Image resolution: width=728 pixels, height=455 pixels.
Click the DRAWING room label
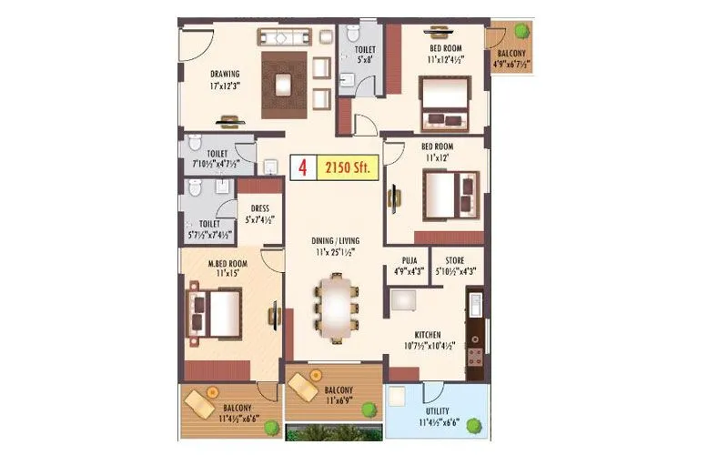click(x=225, y=75)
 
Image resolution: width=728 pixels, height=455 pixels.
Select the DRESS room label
click(x=258, y=208)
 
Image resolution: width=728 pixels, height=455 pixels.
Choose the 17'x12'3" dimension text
click(x=224, y=88)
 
